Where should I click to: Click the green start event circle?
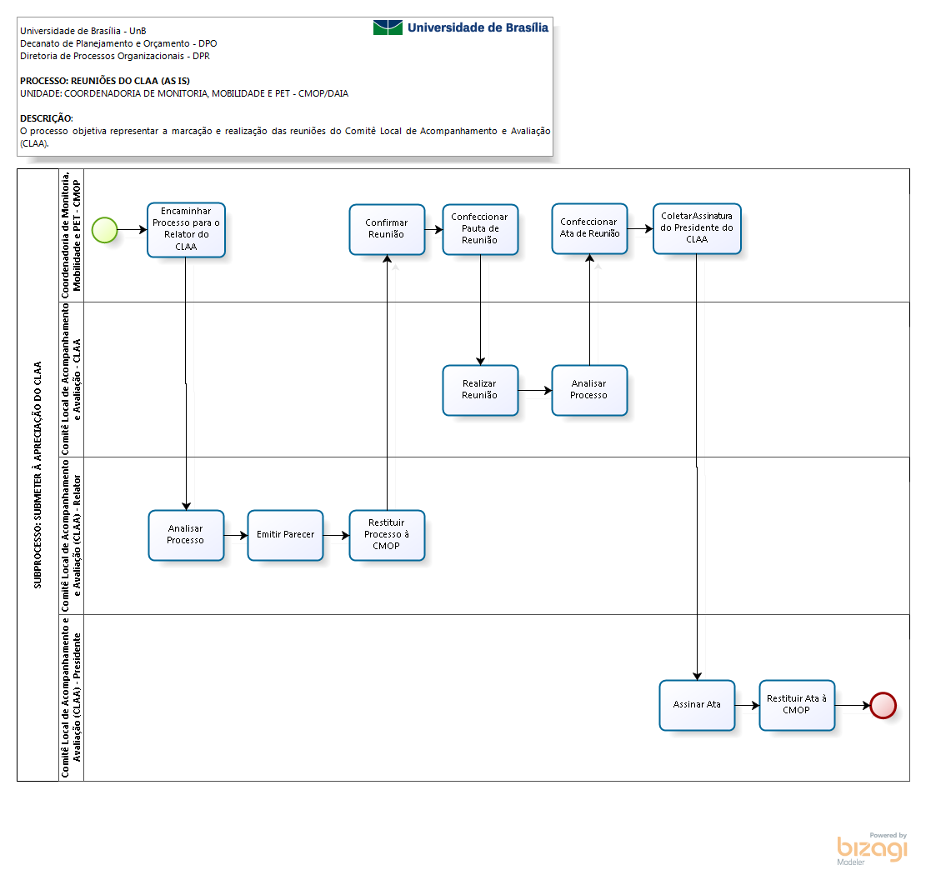point(105,230)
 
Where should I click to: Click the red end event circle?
point(883,705)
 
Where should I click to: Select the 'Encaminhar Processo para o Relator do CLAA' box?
point(186,230)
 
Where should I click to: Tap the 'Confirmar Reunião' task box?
point(387,229)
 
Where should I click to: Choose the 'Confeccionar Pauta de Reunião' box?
point(480,229)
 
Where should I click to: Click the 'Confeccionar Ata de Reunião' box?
point(589,228)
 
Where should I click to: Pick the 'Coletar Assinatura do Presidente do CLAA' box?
point(697,228)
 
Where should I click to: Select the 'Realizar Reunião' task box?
point(480,390)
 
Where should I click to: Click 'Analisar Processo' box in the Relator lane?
point(186,535)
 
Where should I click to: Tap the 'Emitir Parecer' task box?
point(285,535)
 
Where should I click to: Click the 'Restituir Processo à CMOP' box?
point(387,535)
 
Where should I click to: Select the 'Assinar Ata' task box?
point(697,705)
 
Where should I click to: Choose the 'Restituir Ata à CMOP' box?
point(797,705)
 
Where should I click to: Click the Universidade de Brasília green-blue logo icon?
point(388,27)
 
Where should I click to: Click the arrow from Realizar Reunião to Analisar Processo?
point(535,390)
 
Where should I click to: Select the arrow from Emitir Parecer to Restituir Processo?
point(336,536)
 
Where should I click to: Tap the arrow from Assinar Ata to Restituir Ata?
point(747,705)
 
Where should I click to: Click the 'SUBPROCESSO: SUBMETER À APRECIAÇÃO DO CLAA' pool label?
point(38,475)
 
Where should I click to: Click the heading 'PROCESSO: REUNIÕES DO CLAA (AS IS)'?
point(105,81)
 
